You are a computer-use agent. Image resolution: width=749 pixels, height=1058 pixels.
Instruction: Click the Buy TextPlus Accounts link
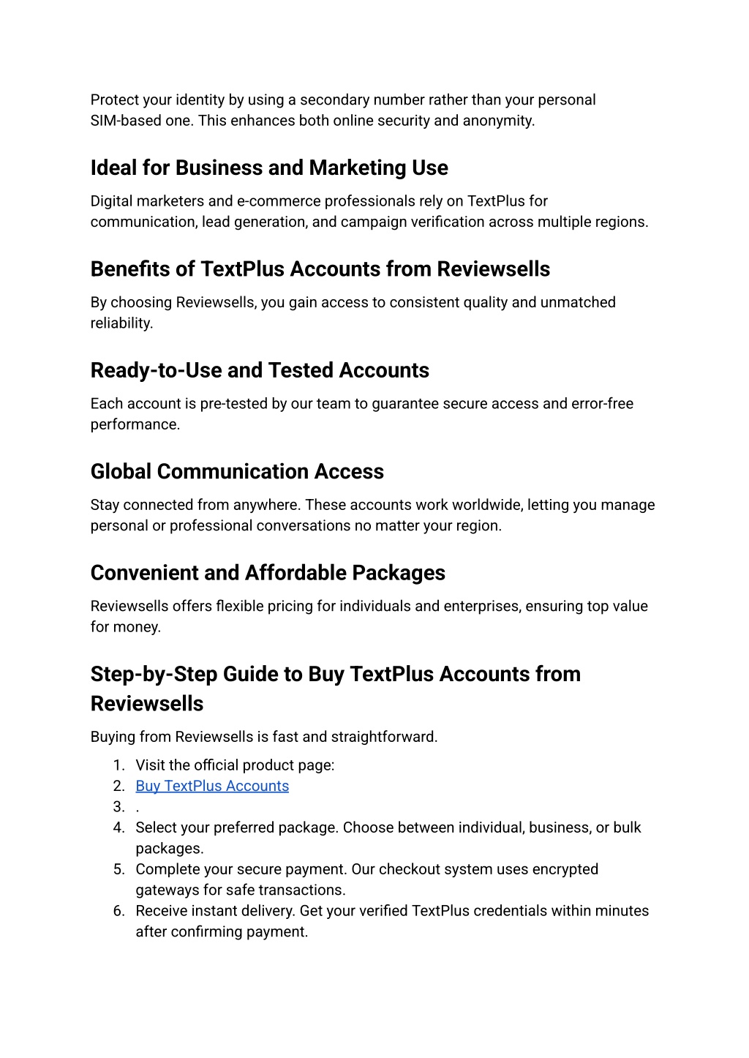(212, 786)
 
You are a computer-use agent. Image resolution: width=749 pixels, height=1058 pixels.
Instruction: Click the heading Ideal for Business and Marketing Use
(269, 168)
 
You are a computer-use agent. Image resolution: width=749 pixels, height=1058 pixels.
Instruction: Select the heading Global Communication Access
(237, 472)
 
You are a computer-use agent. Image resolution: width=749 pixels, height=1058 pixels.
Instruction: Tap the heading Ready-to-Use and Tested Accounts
(260, 370)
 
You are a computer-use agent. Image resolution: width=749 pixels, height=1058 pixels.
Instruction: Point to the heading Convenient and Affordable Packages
(268, 573)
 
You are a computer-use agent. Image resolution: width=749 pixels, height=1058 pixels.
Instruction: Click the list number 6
(118, 911)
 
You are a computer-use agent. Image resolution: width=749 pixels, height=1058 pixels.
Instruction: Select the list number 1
(118, 765)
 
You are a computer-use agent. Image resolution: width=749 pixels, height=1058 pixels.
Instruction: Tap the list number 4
(118, 828)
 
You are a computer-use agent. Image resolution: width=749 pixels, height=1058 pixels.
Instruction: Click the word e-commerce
(279, 201)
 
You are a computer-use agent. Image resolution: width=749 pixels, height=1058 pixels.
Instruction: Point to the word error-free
(603, 404)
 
